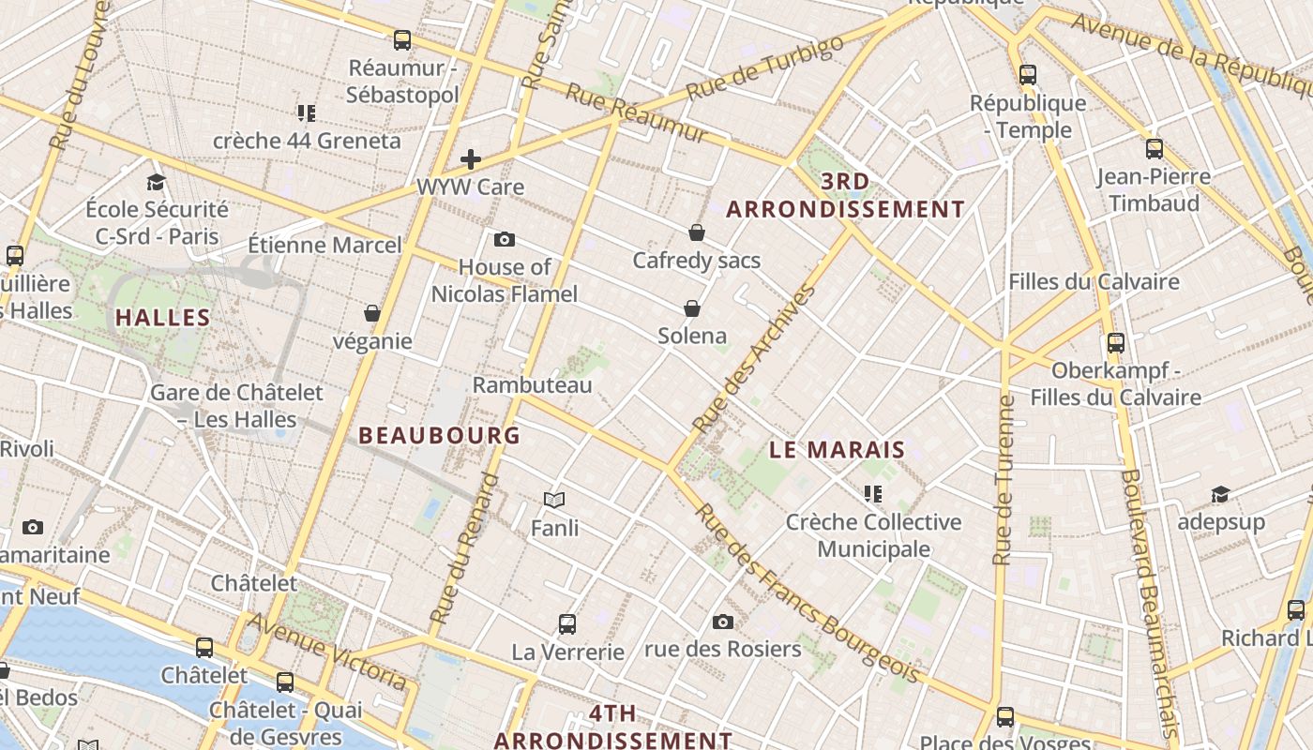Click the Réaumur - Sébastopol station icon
point(402,40)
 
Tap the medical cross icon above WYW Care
point(471,159)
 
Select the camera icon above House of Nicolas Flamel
point(505,239)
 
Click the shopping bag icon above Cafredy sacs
point(696,232)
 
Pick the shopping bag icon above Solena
point(692,308)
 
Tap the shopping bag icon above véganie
point(372,313)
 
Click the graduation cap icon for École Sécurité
point(156,182)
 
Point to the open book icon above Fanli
point(554,501)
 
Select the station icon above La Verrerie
point(567,623)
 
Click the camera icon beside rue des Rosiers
point(722,622)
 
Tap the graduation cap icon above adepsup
point(1220,494)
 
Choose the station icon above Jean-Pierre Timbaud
point(1155,148)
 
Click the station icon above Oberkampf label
point(1115,343)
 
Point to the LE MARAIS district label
point(837,450)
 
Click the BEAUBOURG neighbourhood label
point(439,435)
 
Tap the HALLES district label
point(163,318)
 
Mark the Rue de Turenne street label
point(1004,480)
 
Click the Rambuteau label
point(532,385)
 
